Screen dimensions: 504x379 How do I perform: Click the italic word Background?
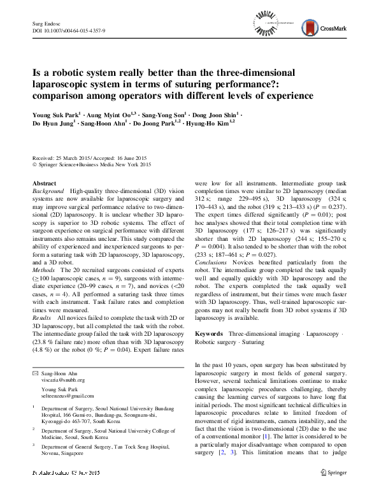(x=48, y=191)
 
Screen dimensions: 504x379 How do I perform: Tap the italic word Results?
(x=43, y=299)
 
